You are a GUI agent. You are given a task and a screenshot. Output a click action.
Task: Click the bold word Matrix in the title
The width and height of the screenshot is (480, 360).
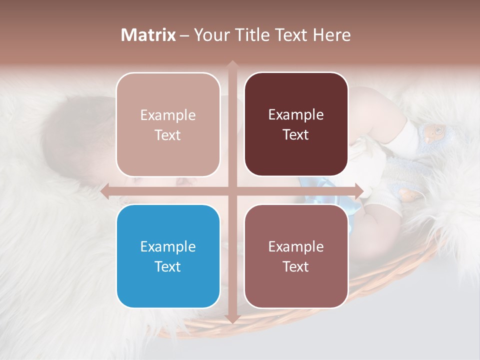[x=148, y=35]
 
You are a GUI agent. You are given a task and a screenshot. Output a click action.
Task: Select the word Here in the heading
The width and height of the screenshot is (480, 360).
[x=332, y=35]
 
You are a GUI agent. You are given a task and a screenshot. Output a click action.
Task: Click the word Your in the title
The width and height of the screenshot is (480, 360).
[x=209, y=35]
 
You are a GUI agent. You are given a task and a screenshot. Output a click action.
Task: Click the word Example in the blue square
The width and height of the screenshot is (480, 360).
[x=168, y=246]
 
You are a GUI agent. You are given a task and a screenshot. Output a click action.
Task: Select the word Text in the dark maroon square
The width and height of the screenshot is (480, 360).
[x=296, y=135]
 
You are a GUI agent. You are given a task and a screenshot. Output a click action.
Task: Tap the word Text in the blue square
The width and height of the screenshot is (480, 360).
[x=168, y=266]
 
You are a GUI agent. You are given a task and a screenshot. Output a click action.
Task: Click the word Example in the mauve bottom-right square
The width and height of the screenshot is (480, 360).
[x=296, y=246]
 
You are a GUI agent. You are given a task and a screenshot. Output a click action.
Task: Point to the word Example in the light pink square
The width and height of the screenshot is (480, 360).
[x=168, y=115]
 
